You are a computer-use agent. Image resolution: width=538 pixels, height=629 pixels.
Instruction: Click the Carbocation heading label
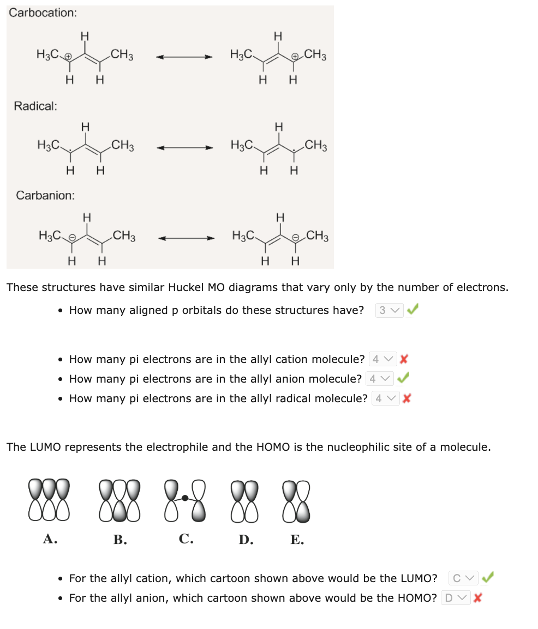pyautogui.click(x=43, y=13)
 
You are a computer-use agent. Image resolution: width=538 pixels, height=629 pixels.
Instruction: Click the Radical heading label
pyautogui.click(x=35, y=106)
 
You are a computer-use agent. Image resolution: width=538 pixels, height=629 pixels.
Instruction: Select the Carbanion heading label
pyautogui.click(x=45, y=195)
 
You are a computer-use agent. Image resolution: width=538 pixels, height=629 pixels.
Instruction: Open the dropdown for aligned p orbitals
pyautogui.click(x=389, y=310)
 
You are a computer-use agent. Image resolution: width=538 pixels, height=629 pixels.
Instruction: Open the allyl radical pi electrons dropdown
pyautogui.click(x=385, y=398)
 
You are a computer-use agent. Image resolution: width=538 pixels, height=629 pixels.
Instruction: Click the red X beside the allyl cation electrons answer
pyautogui.click(x=404, y=359)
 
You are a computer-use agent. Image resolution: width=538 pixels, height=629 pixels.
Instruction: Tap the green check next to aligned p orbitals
pyautogui.click(x=413, y=310)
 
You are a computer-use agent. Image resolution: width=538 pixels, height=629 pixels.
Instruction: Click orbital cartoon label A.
pyautogui.click(x=50, y=539)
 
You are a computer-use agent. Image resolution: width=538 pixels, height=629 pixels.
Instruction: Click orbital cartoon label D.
pyautogui.click(x=245, y=540)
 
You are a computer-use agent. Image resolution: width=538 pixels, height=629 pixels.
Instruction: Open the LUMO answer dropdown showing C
pyautogui.click(x=463, y=578)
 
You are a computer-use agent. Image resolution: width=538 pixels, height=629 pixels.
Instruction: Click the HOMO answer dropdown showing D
pyautogui.click(x=455, y=598)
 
